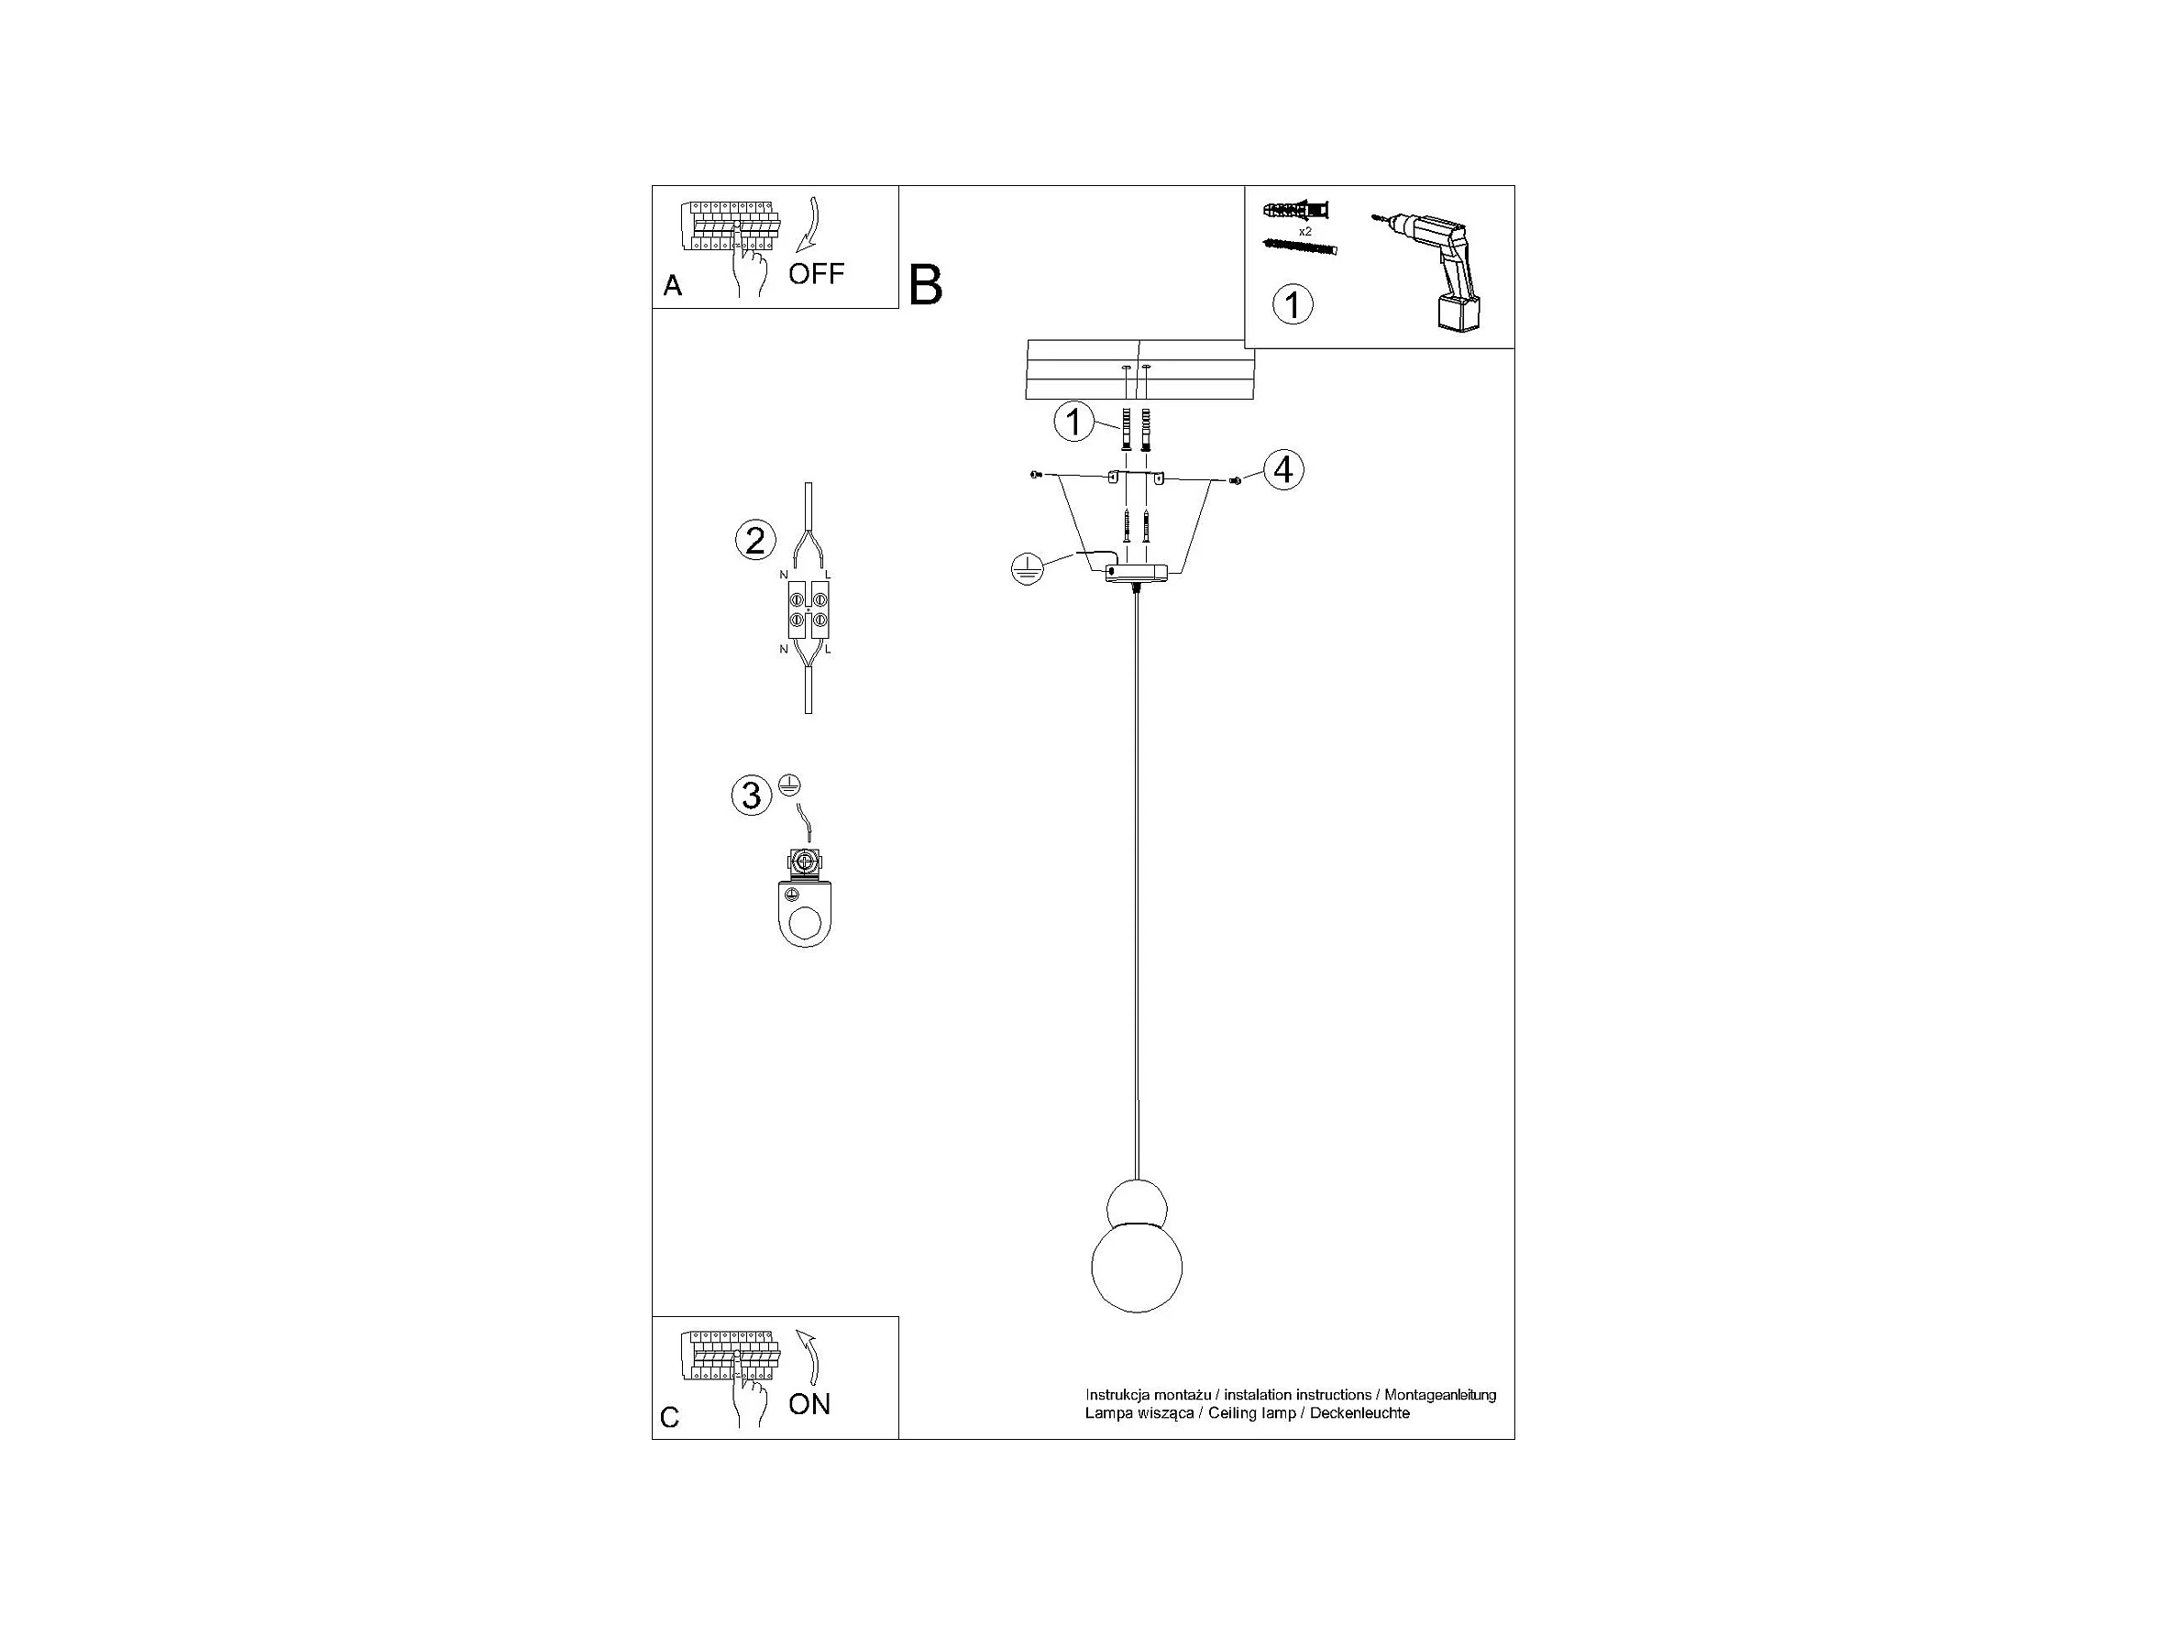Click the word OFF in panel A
click(x=816, y=273)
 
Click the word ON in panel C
click(x=809, y=1404)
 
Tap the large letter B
click(x=925, y=285)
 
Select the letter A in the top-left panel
click(x=672, y=286)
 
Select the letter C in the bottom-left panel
click(x=669, y=1418)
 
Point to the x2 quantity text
click(x=1304, y=231)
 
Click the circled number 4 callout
click(x=1283, y=470)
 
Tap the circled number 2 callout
click(x=754, y=541)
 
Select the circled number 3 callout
click(x=751, y=795)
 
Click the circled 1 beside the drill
click(x=1292, y=305)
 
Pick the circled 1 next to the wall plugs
click(x=1073, y=423)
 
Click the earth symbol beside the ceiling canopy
click(x=1025, y=569)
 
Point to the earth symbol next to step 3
click(x=790, y=784)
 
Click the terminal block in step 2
click(x=808, y=609)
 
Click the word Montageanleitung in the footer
click(x=1440, y=1395)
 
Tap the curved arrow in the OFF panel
click(x=810, y=225)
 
